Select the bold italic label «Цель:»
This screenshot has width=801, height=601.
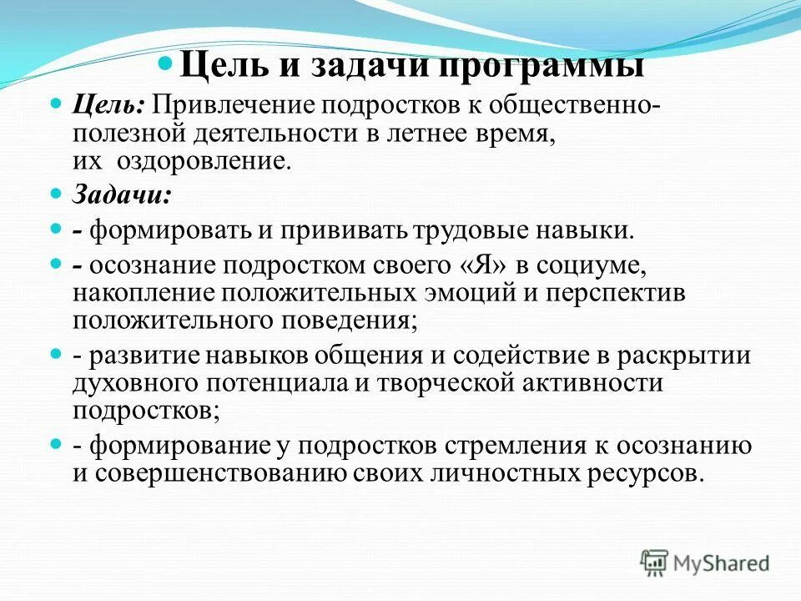[x=109, y=106]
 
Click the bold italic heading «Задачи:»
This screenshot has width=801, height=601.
[x=123, y=195]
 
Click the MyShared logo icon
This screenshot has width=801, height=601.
[x=655, y=561]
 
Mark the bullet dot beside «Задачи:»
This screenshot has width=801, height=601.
[x=57, y=194]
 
